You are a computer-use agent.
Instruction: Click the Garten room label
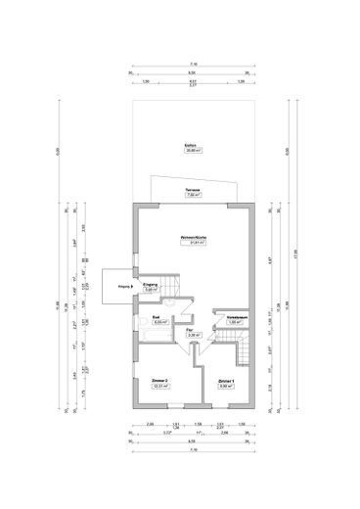click(191, 146)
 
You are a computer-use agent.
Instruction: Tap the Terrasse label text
click(193, 190)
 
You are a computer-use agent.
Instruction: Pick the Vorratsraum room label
click(235, 318)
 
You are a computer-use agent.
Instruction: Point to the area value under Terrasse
click(193, 196)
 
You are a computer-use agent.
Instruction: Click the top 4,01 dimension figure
click(192, 78)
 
